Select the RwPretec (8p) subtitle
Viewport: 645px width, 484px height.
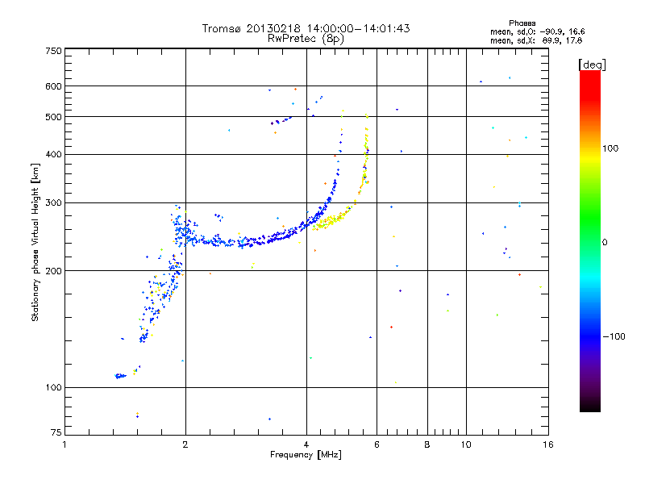(x=306, y=38)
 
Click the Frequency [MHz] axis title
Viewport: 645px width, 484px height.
(x=306, y=455)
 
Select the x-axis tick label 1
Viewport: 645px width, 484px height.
(x=64, y=444)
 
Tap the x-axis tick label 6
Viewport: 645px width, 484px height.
(x=377, y=444)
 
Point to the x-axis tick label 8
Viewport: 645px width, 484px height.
(x=427, y=444)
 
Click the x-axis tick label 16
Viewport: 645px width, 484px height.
(x=547, y=444)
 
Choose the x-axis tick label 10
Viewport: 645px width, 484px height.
(x=465, y=444)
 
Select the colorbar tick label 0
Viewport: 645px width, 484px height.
(x=605, y=242)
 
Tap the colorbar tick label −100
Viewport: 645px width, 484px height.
(x=615, y=336)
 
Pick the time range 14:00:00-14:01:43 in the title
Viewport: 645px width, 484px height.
(x=353, y=28)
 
